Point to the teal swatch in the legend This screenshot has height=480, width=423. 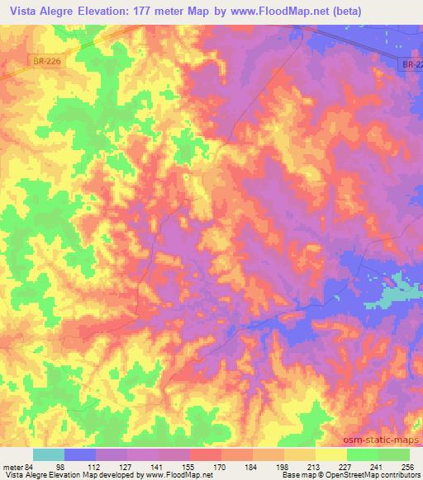48,454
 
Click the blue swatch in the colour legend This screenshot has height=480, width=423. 80,454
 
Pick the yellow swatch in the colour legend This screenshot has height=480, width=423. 330,454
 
